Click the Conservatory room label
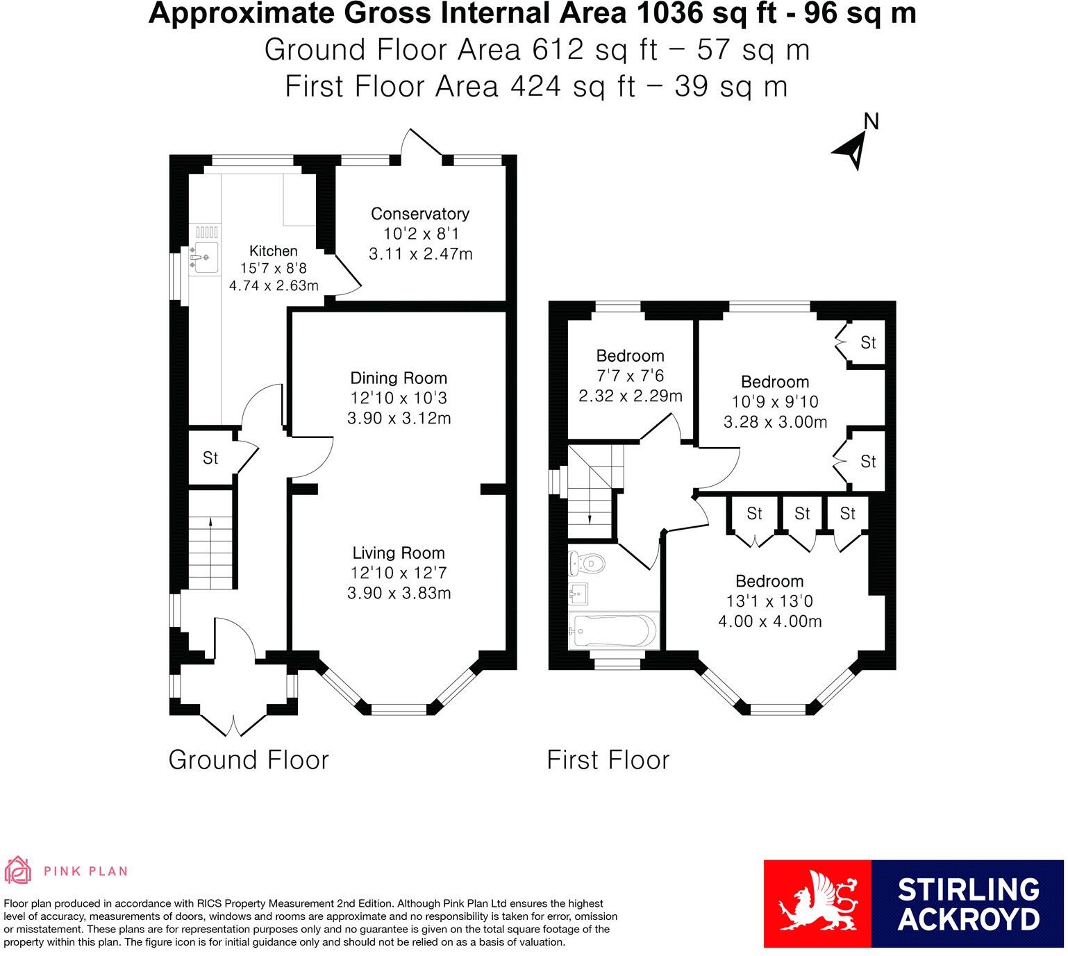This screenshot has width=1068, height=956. [419, 213]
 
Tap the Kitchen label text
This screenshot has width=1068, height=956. [273, 251]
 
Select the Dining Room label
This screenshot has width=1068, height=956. [399, 378]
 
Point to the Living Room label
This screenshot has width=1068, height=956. [399, 553]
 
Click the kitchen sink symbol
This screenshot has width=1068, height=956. [203, 258]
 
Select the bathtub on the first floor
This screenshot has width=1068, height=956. [614, 630]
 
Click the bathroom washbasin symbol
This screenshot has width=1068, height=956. [578, 594]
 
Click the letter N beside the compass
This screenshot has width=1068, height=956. [871, 121]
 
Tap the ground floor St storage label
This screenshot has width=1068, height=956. [210, 458]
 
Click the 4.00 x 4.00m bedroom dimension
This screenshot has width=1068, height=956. [769, 621]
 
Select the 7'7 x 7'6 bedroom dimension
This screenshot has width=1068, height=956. [630, 376]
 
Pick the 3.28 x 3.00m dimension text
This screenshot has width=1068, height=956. [775, 422]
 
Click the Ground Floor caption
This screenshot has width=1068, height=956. [249, 760]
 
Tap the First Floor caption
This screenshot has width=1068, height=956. [608, 760]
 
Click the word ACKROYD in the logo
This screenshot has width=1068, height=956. [969, 919]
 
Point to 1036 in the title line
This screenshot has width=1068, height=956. [669, 13]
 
